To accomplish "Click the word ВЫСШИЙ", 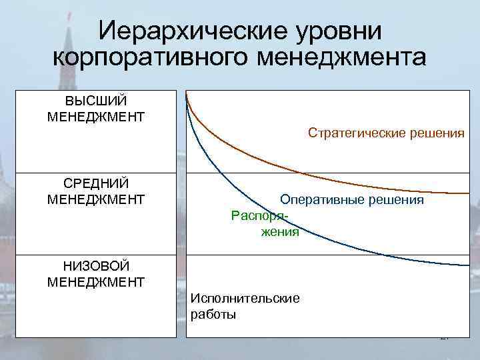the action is pos(96,101).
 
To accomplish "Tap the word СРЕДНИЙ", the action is pos(96,183).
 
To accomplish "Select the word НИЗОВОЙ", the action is pos(96,267).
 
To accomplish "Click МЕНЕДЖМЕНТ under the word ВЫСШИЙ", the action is pos(96,117).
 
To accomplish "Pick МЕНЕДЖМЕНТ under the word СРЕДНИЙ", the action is pos(96,199).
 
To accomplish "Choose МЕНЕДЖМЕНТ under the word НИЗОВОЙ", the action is pos(96,282).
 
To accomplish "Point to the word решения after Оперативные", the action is pos(399,199).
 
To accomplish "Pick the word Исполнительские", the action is pos(245,298).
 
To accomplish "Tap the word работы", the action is pos(213,314).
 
